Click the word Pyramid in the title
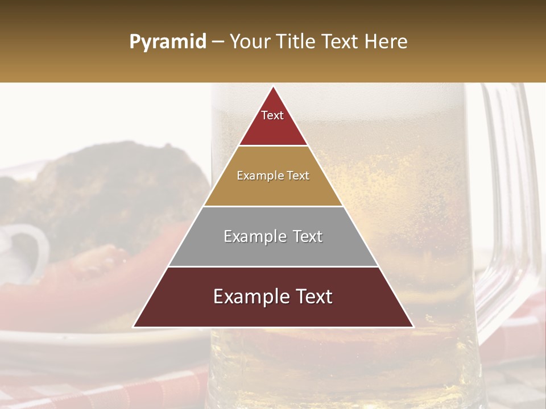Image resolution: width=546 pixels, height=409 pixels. click(x=168, y=42)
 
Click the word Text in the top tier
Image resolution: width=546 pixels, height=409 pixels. click(x=272, y=115)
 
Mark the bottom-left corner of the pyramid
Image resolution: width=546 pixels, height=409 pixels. click(x=133, y=327)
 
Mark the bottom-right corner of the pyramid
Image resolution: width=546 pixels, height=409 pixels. click(x=413, y=327)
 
